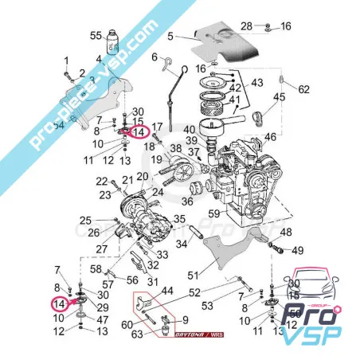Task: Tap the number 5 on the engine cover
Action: [x=169, y=36]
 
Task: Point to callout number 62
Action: [x=303, y=89]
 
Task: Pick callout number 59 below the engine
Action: [x=213, y=213]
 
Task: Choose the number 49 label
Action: [x=298, y=250]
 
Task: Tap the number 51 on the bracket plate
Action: [x=192, y=275]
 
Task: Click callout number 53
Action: [x=208, y=306]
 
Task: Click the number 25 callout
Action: [x=85, y=220]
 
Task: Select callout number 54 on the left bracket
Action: [x=58, y=126]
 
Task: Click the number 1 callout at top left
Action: [x=67, y=61]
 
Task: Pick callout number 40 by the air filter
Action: [x=188, y=129]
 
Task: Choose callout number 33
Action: [x=163, y=255]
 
